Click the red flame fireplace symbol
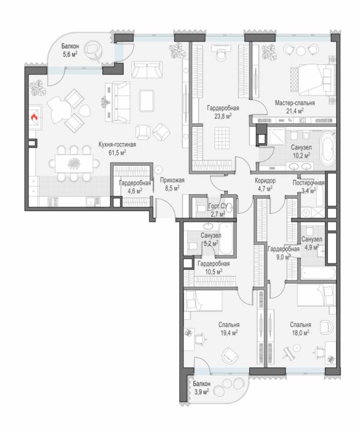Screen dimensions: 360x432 [x=34, y=118]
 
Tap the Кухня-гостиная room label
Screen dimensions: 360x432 [x=117, y=144]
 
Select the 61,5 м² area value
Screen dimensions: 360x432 [x=117, y=152]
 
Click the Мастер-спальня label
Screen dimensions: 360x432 [x=295, y=103]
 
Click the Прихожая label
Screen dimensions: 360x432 [x=172, y=180]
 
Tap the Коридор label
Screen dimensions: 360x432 [x=265, y=181]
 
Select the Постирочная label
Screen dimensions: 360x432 [x=309, y=183]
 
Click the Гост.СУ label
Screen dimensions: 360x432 [x=218, y=206]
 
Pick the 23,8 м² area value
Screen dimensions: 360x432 [x=223, y=116]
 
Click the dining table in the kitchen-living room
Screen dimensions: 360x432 [x=74, y=164]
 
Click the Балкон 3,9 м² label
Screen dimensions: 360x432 [x=202, y=388]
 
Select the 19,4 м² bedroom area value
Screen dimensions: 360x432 [x=229, y=333]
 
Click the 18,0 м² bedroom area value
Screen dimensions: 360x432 [x=300, y=333]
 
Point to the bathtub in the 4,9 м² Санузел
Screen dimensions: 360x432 [x=318, y=272]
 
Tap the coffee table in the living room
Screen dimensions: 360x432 [x=146, y=100]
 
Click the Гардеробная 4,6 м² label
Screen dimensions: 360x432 [x=135, y=187]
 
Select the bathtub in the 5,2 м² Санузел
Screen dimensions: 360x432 [x=226, y=239]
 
